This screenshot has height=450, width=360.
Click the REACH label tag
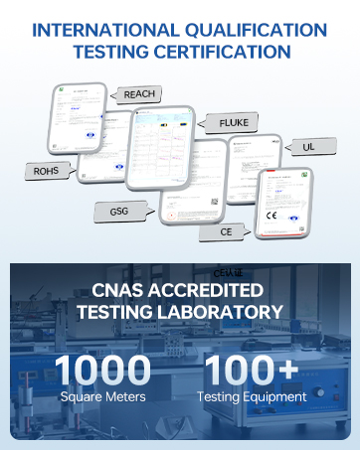click(137, 94)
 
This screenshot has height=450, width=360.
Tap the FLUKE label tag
click(240, 123)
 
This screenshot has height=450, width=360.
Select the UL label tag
click(308, 147)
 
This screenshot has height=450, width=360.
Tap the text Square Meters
click(103, 397)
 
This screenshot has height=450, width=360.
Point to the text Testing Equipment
click(252, 397)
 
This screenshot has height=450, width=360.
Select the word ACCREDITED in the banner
click(216, 290)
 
